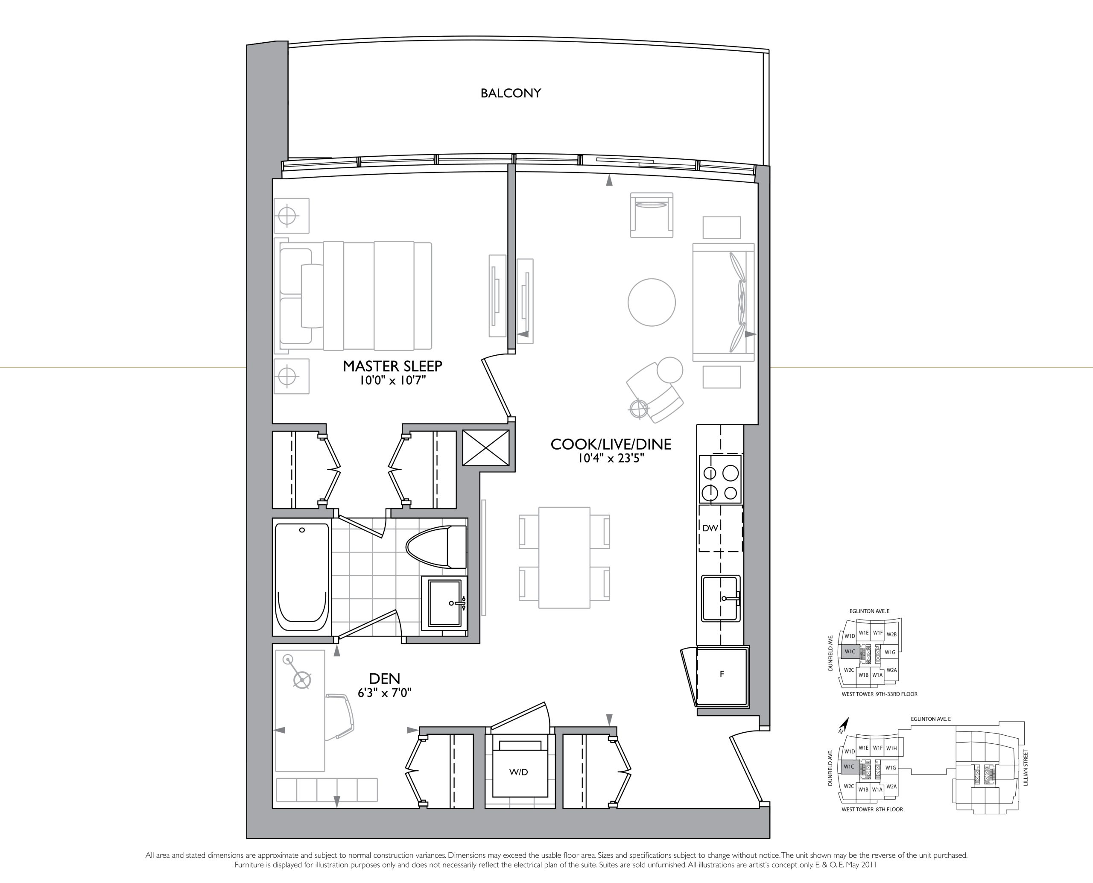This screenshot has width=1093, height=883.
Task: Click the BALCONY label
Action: coord(510,93)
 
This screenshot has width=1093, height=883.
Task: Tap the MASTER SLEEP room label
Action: coord(392,366)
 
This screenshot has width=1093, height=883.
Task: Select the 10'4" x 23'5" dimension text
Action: coord(611,458)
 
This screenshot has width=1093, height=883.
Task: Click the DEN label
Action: coord(385,678)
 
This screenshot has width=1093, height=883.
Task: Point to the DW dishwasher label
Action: coord(710,528)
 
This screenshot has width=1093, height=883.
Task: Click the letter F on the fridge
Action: coord(722,675)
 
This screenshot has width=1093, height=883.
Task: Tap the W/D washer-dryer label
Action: coord(518,772)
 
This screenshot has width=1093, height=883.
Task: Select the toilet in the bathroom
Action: coord(436,547)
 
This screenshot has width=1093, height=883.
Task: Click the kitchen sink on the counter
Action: coord(721,599)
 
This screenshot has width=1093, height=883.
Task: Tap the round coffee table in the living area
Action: coord(652,302)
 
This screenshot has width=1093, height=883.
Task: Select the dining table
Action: coord(564,558)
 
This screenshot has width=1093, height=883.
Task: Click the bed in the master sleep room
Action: coord(354,296)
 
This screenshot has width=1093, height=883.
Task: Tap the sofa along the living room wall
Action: coord(723,302)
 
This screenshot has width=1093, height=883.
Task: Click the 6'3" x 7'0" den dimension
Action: coord(385,692)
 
